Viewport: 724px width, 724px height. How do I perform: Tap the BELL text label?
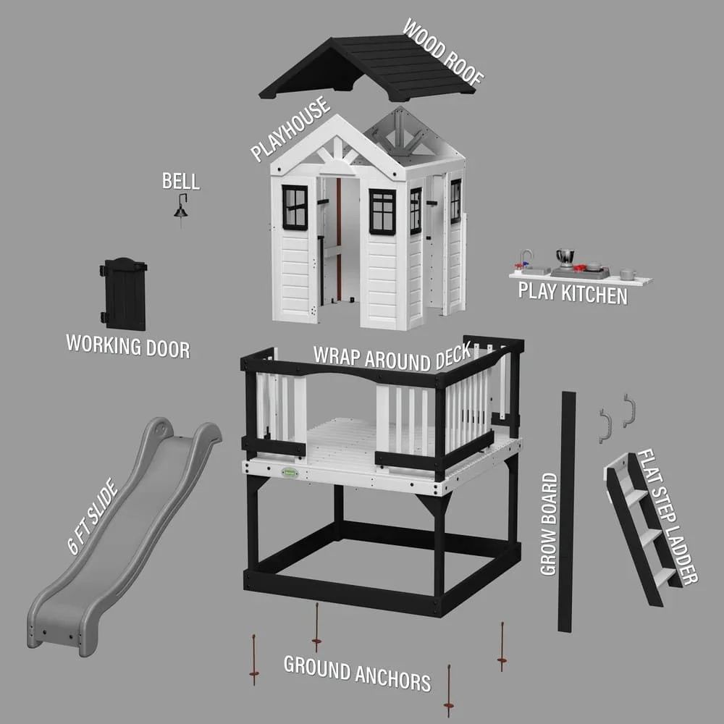(x=180, y=181)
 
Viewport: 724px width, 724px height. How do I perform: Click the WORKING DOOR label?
(x=128, y=345)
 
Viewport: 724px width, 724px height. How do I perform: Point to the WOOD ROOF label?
(x=442, y=52)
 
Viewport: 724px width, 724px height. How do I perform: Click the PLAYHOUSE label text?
(x=290, y=129)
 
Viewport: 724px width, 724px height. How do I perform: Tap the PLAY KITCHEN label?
(x=572, y=294)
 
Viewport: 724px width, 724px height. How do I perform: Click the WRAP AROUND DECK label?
(x=392, y=355)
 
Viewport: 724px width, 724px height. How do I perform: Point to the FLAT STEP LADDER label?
(x=667, y=517)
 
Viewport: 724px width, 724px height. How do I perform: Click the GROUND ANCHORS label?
(x=357, y=673)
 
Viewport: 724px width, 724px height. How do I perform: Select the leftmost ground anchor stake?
(x=253, y=660)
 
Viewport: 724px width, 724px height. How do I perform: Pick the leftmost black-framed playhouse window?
(x=295, y=206)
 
